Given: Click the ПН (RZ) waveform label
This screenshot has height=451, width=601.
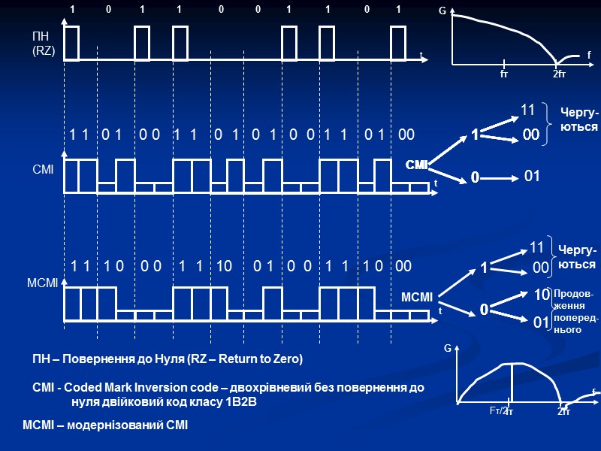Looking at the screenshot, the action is pos(43,44).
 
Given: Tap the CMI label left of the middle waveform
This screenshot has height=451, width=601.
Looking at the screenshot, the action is pos(43,171).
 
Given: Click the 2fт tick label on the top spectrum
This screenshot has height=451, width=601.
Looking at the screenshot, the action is pos(560,74).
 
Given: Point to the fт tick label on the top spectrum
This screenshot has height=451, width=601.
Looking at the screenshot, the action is pos(503,74).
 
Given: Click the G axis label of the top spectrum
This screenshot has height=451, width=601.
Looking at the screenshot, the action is pos(442,12).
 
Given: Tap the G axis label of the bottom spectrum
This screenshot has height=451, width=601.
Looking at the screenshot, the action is pos(448,349).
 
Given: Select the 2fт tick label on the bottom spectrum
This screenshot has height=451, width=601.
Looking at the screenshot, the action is pos(563,412).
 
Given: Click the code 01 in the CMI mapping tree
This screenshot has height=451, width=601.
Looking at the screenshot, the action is pos(532,176).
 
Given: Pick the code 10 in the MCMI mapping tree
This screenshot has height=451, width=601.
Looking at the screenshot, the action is pos(541,295).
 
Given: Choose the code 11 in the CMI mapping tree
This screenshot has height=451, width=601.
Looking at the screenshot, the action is pos(528,110).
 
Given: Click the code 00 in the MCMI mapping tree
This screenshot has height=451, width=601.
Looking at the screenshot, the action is pos(540,267).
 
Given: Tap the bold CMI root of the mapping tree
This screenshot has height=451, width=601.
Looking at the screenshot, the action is pos(416,164).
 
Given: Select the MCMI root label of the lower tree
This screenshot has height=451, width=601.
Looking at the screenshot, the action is pos(417,298).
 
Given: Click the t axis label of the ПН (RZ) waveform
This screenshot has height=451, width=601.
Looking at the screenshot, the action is pos(421,54).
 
